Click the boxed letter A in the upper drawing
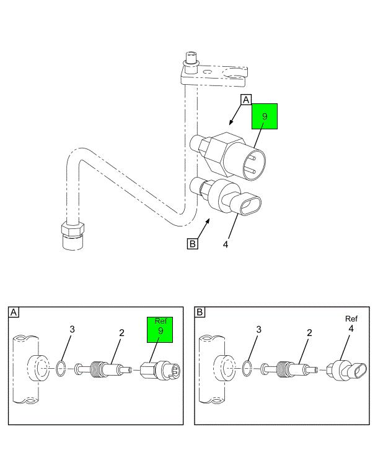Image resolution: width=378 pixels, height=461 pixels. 246,100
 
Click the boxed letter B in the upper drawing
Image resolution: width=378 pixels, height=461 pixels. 193,244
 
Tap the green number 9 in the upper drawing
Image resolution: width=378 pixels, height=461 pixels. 265,116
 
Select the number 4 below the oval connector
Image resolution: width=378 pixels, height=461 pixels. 226,244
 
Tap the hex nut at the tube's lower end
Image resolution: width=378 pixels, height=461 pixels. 73,228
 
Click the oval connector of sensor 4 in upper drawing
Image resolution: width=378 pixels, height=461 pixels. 250,204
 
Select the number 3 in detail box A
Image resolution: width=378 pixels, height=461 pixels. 72,330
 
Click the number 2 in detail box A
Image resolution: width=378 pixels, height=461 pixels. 121,333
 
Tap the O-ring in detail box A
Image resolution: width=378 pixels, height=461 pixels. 61,369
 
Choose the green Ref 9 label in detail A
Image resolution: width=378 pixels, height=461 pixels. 160,330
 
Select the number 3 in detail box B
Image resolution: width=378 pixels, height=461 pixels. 259,330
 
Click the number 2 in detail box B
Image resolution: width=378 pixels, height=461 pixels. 309,333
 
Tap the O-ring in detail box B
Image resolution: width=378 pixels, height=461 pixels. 247,369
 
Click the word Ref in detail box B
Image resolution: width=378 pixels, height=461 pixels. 351,319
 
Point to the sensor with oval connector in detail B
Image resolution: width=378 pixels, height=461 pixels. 347,370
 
